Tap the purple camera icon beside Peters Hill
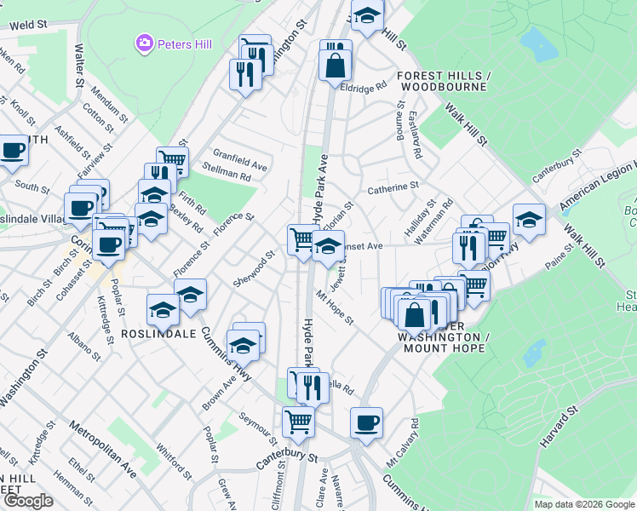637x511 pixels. [144, 42]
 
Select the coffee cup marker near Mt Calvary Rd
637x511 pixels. [366, 422]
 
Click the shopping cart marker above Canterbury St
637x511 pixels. [298, 420]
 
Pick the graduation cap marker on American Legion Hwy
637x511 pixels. [528, 219]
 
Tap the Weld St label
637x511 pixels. [28, 26]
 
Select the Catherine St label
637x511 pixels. [393, 186]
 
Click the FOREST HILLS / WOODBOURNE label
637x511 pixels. [442, 81]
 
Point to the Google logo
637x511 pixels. [27, 501]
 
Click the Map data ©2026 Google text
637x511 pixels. [584, 504]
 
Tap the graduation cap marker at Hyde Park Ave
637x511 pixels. [328, 247]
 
